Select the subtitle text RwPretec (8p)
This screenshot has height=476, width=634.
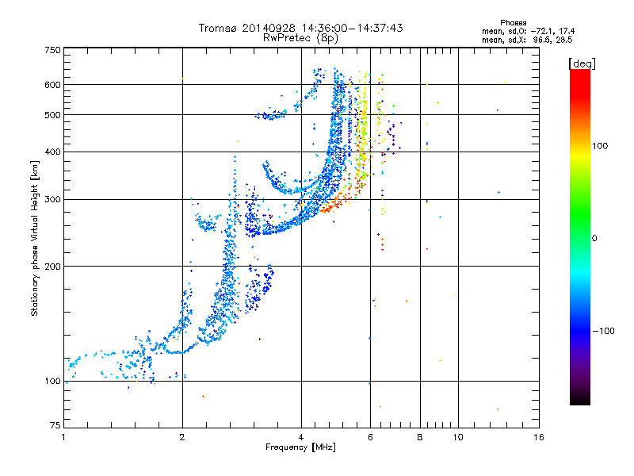300,38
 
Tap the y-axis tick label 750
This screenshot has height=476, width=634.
53,50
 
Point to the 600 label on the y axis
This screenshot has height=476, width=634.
53,85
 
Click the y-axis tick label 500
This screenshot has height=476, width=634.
53,115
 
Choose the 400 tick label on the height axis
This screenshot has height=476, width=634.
53,152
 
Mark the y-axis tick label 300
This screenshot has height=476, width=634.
53,199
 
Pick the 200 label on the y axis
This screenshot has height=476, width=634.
53,267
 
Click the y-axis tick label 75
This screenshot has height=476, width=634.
55,425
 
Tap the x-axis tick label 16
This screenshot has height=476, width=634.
539,437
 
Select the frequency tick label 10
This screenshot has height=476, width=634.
458,437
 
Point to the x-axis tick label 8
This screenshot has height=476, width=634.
420,437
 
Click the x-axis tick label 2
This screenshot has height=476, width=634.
182,437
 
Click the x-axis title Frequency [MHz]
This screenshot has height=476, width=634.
301,447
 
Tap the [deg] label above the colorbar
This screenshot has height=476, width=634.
582,63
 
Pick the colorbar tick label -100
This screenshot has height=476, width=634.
604,331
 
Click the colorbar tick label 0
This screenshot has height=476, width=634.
594,239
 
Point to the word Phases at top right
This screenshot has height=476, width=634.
514,23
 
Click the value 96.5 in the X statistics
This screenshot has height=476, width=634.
541,40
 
